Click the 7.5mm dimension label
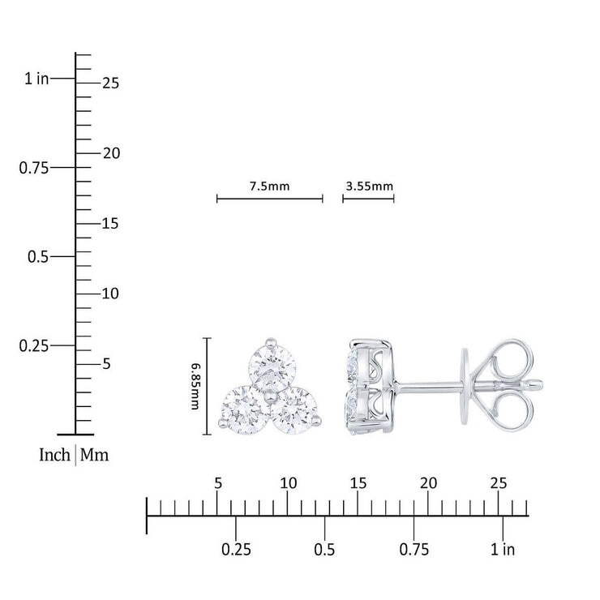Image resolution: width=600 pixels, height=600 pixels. pyautogui.click(x=269, y=186)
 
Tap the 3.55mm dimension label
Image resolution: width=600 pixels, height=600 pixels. pyautogui.click(x=369, y=186)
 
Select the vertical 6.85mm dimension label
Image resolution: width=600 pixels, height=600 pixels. pyautogui.click(x=195, y=387)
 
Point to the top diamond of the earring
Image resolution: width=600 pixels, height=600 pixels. pyautogui.click(x=272, y=366)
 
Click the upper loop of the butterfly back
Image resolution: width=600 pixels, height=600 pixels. pyautogui.click(x=512, y=361)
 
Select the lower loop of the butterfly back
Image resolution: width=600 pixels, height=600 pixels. pyautogui.click(x=512, y=412)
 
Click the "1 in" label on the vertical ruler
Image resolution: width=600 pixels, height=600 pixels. pyautogui.click(x=36, y=79)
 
